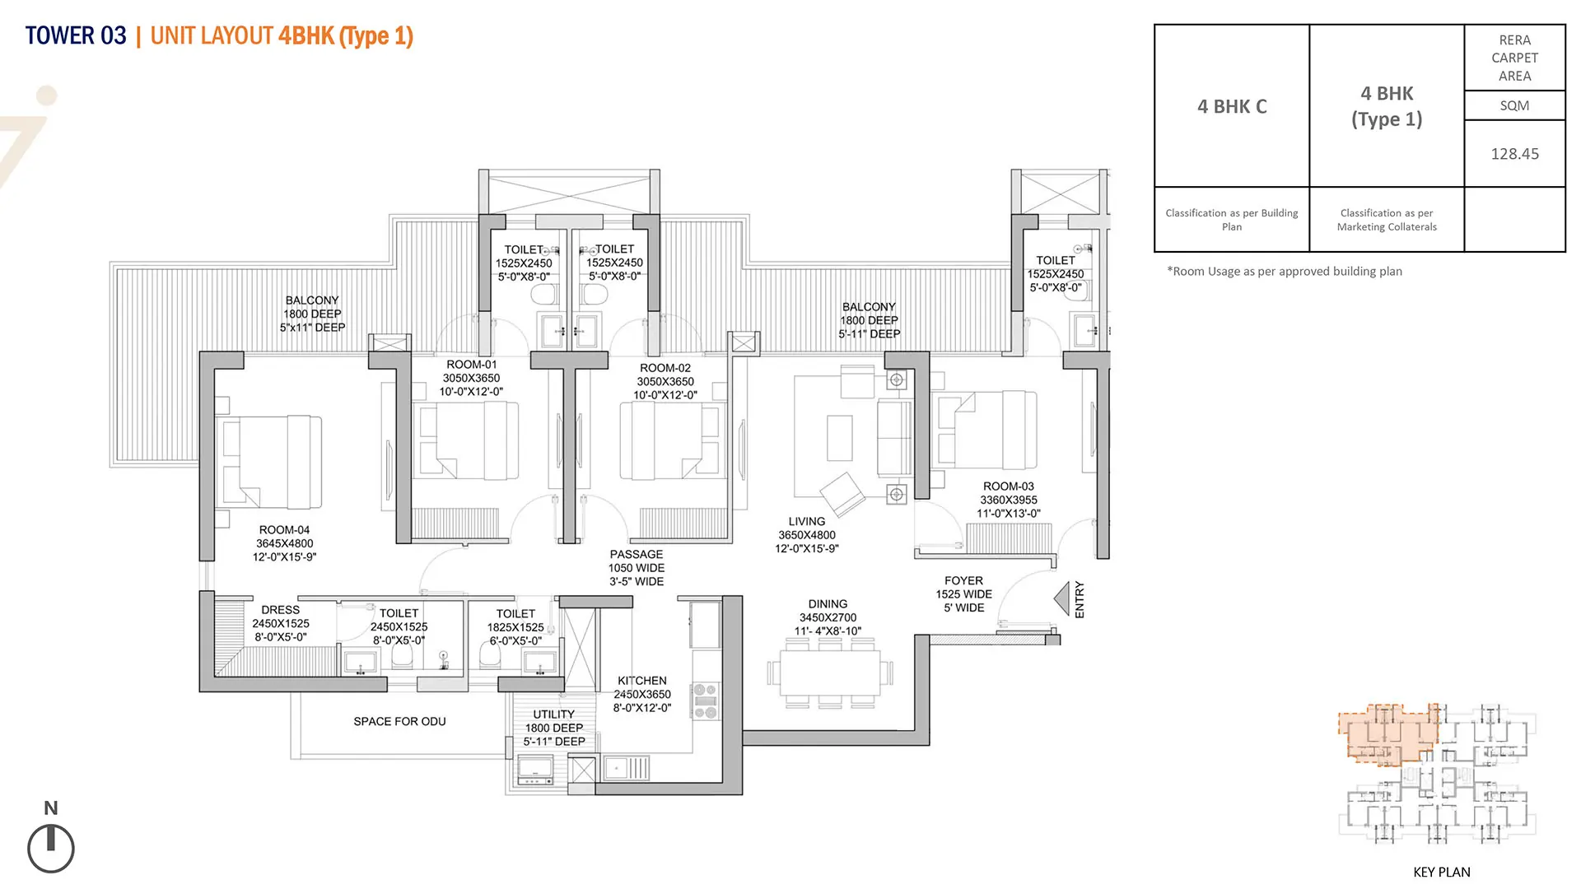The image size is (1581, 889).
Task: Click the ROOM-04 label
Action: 284,530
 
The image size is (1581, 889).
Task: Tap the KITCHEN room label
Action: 642,681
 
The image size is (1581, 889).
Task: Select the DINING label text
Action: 828,604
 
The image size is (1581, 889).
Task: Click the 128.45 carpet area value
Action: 1514,154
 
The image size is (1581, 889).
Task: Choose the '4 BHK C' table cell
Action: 1232,106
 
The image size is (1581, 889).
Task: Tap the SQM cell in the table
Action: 1514,105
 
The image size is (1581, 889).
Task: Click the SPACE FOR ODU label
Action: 399,722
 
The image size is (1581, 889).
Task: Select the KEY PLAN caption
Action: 1441,872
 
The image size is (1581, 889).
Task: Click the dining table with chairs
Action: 830,673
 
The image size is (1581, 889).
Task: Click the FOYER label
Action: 963,581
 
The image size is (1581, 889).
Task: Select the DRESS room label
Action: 280,610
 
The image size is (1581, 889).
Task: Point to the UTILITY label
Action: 553,714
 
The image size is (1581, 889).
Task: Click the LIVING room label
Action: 806,522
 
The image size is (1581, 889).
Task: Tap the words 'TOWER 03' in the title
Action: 76,36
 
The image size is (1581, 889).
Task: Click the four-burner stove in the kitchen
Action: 705,700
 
